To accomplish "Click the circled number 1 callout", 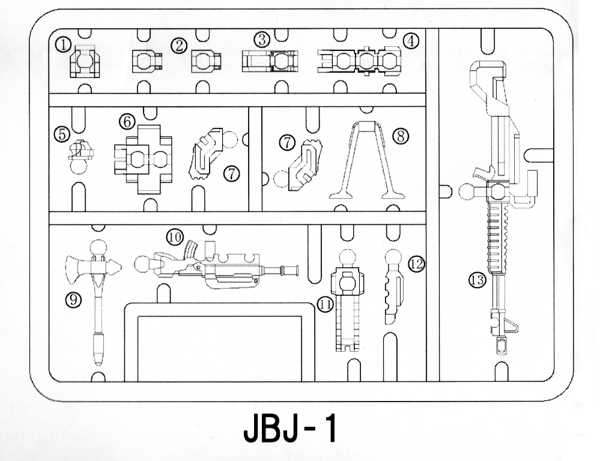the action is tap(62, 45).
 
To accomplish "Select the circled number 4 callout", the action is tap(411, 41).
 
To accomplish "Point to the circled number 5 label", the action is tap(62, 134).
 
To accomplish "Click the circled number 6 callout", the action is tap(127, 122).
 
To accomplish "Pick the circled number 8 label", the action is tap(401, 136).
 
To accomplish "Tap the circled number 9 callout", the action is tap(73, 300).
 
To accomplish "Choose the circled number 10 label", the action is tap(175, 238).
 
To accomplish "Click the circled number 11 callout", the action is tap(326, 304).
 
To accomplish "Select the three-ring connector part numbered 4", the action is tap(360, 61).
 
